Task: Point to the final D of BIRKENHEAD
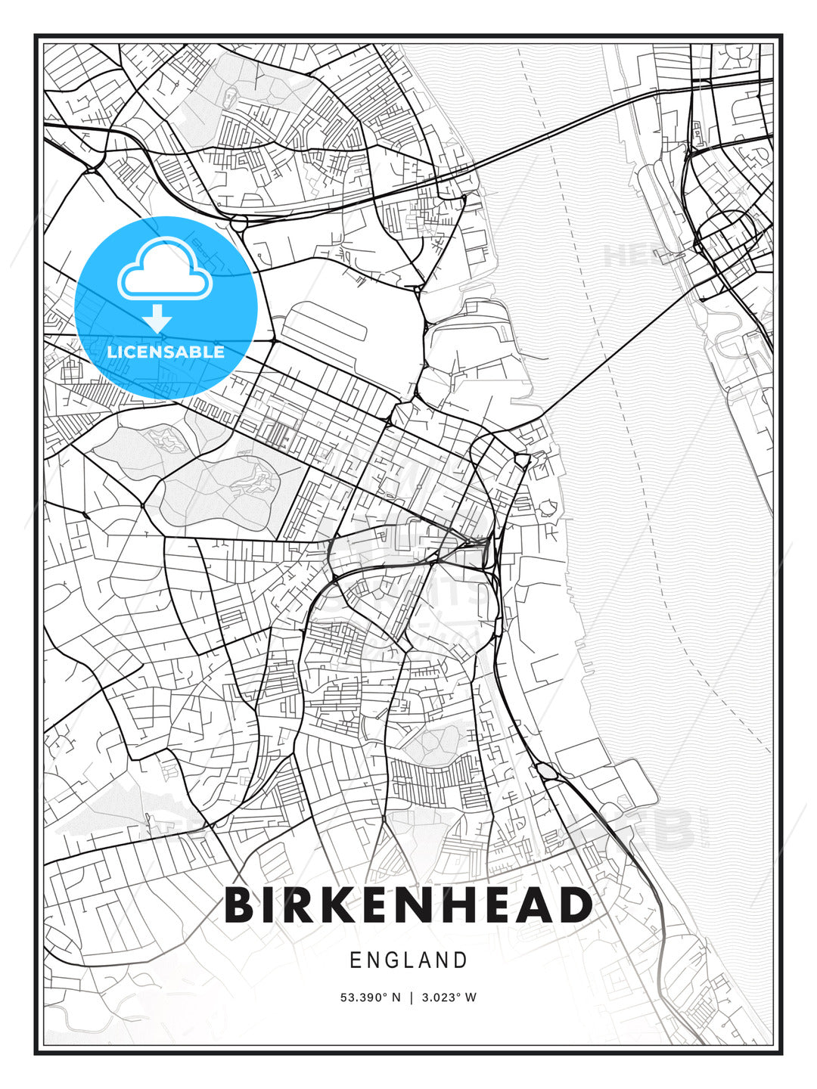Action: [574, 906]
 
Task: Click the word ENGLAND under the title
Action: [408, 960]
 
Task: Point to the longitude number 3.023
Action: [441, 997]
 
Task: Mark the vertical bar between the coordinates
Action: [411, 997]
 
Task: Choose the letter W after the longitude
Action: [471, 997]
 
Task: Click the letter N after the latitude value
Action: [396, 997]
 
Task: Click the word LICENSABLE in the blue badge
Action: [166, 352]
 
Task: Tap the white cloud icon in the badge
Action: [164, 269]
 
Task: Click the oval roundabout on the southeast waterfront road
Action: [545, 771]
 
